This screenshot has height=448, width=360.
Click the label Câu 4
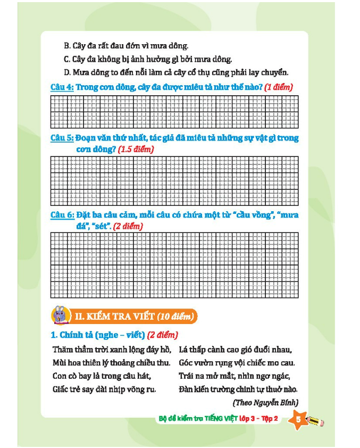[62, 87]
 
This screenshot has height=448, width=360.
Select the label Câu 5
[62, 138]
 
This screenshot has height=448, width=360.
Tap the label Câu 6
[62, 215]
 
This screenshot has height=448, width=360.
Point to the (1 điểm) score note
[279, 87]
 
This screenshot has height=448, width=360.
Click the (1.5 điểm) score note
[137, 150]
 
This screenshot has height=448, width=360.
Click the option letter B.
[67, 46]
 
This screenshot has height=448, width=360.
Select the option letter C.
[67, 59]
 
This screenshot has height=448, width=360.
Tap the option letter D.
[67, 72]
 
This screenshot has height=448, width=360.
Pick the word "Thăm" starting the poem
[63, 350]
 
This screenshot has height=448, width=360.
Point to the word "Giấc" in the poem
[62, 389]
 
